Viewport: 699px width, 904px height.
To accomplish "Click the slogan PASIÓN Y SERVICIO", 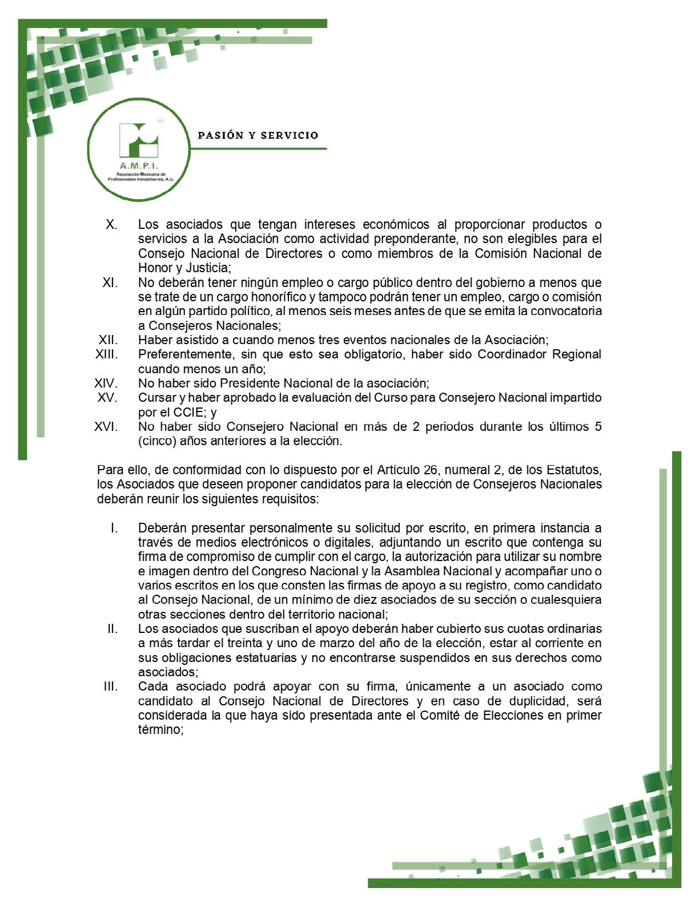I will [x=258, y=136].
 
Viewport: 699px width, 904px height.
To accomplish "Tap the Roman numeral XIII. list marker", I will [x=107, y=354].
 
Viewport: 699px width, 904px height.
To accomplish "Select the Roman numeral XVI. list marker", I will [x=107, y=426].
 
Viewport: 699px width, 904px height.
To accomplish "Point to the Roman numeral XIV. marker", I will [x=106, y=383].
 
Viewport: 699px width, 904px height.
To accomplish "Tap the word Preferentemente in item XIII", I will [x=181, y=354].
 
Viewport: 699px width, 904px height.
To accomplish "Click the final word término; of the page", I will [x=160, y=729].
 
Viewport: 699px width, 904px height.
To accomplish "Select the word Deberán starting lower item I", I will [x=159, y=528].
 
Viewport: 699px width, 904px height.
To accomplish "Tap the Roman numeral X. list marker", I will [x=111, y=224].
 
